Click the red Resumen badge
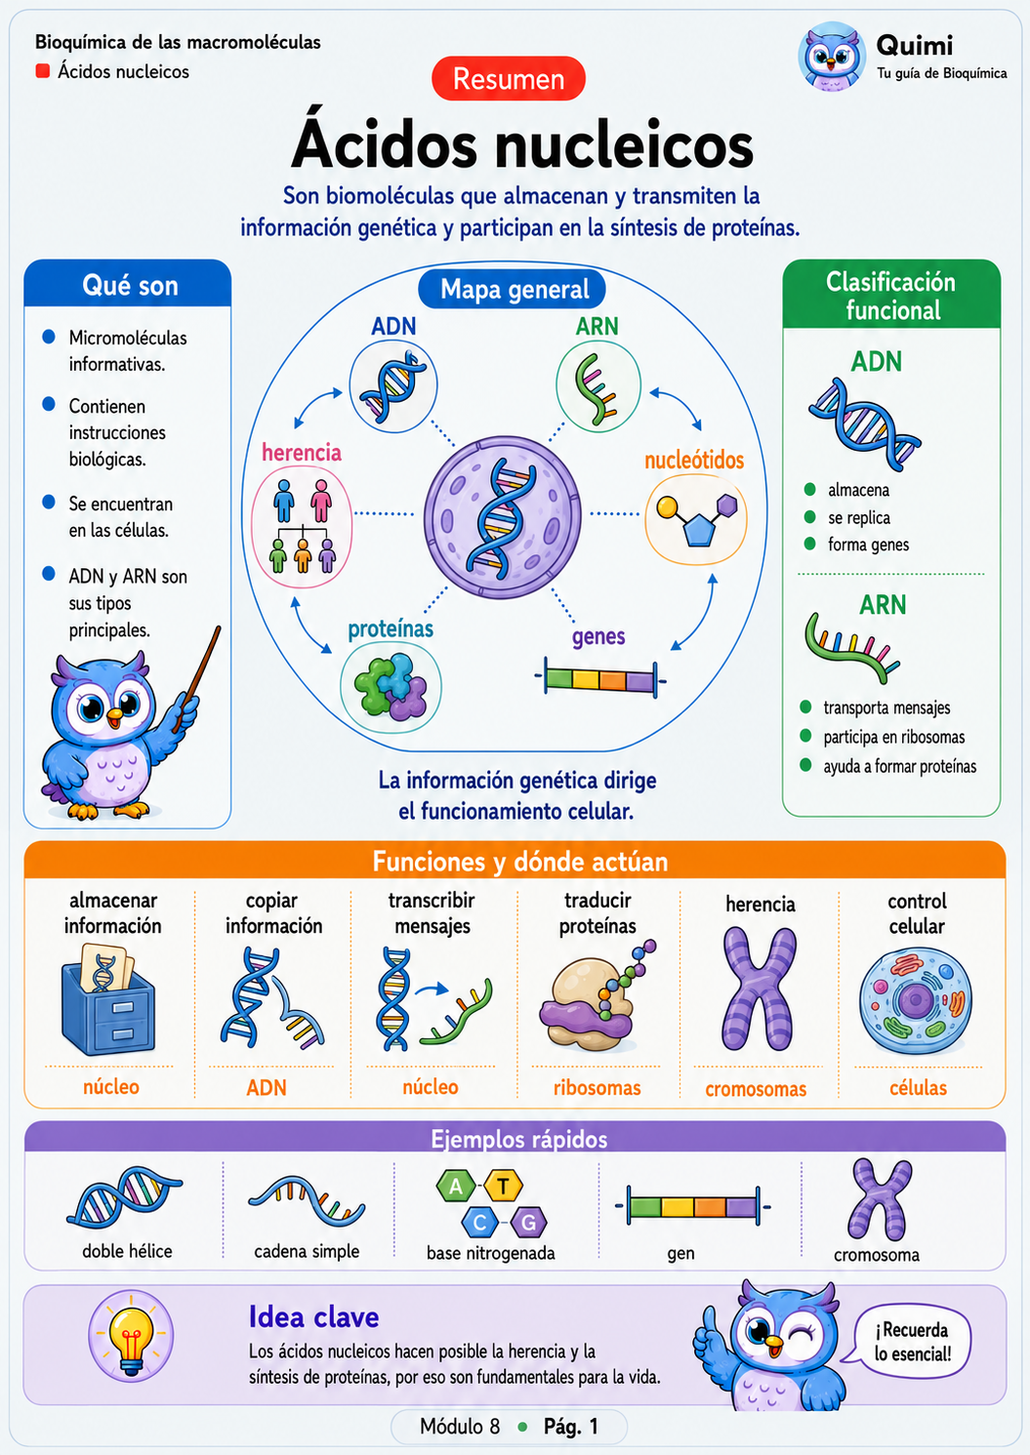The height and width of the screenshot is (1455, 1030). (509, 79)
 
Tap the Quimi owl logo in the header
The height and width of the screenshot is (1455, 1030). (831, 56)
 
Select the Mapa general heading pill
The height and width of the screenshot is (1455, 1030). (513, 289)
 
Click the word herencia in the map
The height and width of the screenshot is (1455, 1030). (302, 452)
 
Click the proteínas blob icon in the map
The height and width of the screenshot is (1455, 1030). (391, 687)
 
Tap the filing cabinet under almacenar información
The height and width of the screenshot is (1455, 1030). (107, 999)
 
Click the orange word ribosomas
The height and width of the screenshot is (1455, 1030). (597, 1087)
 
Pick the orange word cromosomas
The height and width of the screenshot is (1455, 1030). (756, 1089)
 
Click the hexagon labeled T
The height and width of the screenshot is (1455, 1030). (503, 1187)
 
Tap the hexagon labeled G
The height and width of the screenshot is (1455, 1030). (528, 1223)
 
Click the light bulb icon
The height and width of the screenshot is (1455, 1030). (131, 1337)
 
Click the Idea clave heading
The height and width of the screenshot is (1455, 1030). (313, 1317)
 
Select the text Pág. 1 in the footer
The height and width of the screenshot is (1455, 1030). (570, 1426)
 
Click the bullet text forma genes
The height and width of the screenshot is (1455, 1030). (868, 545)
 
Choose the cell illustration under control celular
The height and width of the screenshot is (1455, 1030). (916, 1001)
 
